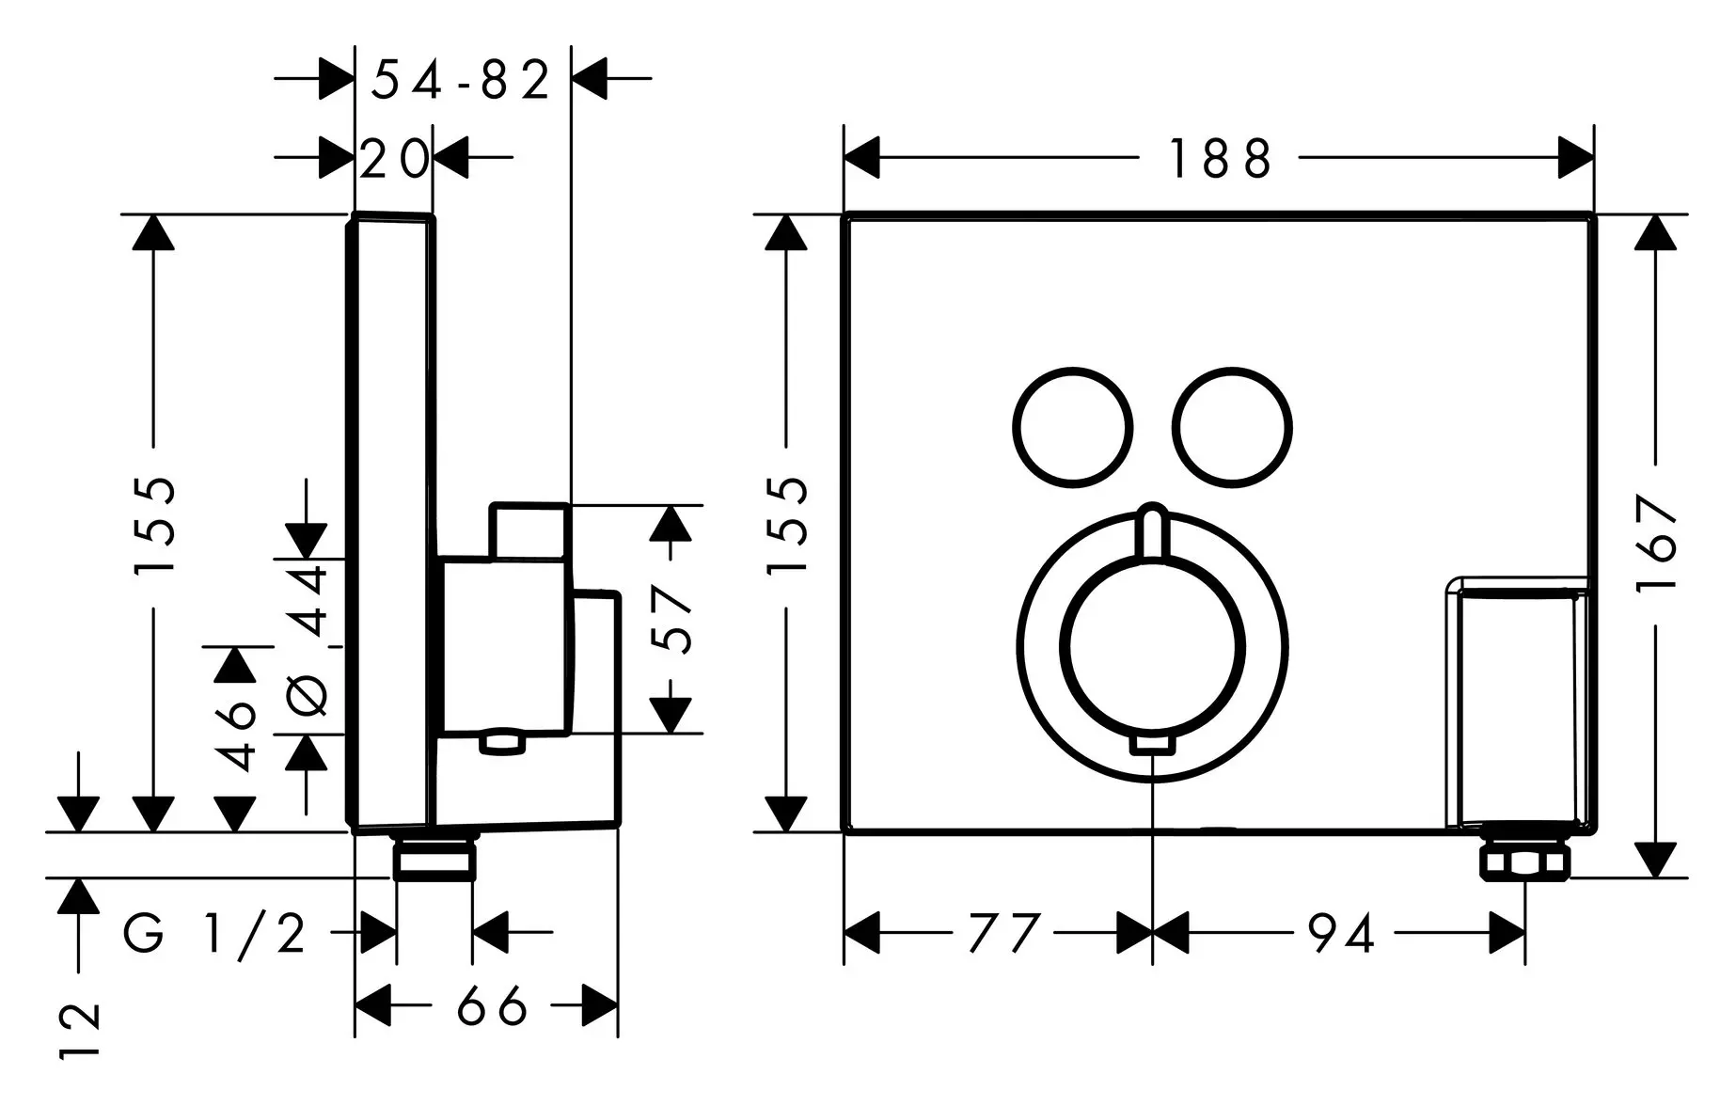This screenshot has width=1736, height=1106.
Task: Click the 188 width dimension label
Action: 1219,159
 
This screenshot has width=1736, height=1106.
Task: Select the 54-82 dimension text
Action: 460,80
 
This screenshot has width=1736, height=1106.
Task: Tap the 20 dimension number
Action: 394,160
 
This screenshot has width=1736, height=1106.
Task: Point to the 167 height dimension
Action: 1658,543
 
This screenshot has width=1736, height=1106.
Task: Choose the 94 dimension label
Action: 1341,934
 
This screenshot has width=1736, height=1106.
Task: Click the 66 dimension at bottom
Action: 492,1008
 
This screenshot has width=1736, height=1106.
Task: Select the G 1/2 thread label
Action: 215,934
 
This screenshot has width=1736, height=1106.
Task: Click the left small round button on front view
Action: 1071,426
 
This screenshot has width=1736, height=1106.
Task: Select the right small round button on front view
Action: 1233,426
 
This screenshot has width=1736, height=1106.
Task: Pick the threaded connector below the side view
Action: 434,860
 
